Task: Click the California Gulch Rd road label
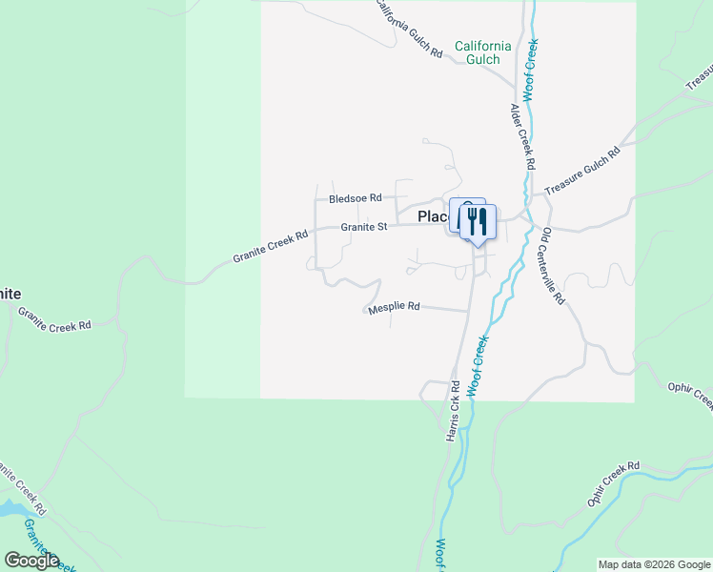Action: click(411, 29)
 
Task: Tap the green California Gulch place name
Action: click(482, 53)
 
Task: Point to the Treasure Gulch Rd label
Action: click(582, 173)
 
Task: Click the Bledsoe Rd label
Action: click(355, 198)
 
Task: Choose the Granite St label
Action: click(364, 227)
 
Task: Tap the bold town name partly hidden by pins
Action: click(433, 217)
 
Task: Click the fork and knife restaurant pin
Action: click(478, 223)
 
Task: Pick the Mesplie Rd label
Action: click(394, 306)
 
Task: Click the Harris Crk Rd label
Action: click(453, 411)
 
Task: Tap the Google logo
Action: click(31, 561)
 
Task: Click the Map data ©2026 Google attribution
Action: click(653, 564)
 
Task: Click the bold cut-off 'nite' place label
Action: click(10, 294)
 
